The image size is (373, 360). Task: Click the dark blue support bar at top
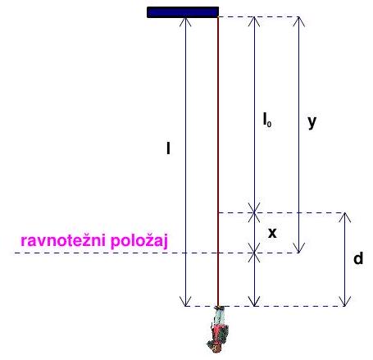(183, 12)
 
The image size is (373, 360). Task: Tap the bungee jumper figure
(217, 330)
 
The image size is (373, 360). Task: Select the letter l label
(168, 148)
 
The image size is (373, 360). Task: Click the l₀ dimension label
(267, 120)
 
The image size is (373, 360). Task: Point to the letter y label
(312, 122)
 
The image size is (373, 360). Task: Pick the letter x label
(272, 233)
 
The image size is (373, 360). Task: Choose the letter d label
(358, 258)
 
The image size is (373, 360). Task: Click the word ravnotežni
(63, 240)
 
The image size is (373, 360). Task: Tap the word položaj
(139, 241)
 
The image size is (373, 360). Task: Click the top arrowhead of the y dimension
(298, 17)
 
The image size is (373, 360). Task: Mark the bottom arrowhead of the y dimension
(298, 253)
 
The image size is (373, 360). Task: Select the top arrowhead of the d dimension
(345, 213)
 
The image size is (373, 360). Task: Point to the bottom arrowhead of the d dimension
(345, 306)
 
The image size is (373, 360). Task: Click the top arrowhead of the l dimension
(185, 17)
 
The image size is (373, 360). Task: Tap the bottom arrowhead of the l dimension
(185, 306)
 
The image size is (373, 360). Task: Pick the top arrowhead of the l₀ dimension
(254, 17)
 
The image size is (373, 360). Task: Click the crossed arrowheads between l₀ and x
(254, 212)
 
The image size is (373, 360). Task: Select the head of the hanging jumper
(215, 347)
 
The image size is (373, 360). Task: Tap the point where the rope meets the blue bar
(218, 17)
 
